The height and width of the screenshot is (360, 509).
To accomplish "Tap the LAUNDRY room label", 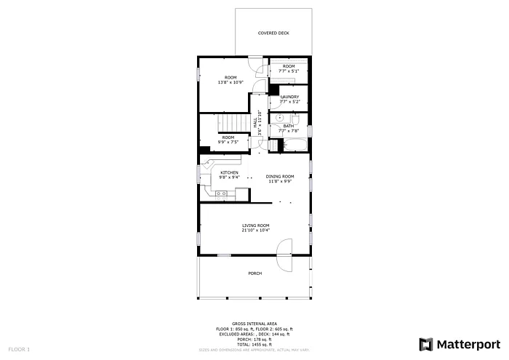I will pyautogui.click(x=289, y=96).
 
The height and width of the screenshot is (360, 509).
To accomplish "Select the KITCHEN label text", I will pyautogui.click(x=229, y=172).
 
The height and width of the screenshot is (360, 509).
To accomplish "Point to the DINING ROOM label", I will pyautogui.click(x=279, y=177).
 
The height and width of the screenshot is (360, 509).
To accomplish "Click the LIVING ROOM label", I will pyautogui.click(x=256, y=225).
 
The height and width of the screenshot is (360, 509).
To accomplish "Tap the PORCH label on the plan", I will pyautogui.click(x=254, y=273).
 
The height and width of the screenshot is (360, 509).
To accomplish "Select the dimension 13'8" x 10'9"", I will pyautogui.click(x=231, y=82).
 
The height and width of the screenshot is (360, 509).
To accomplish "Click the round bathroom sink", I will pyautogui.click(x=278, y=117).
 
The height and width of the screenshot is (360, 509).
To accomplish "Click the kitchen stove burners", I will pyautogui.click(x=222, y=193).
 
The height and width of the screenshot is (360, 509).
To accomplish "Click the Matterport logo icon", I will pyautogui.click(x=425, y=344).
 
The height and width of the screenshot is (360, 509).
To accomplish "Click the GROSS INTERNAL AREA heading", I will pyautogui.click(x=254, y=324).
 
